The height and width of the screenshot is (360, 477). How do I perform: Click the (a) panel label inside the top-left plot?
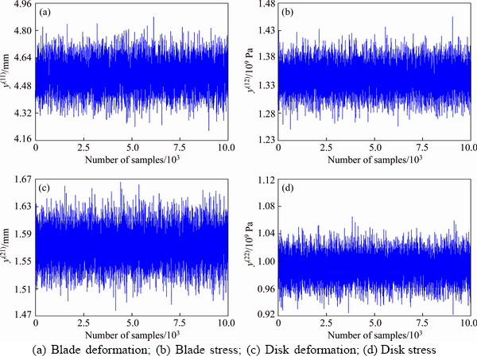tap(47, 13)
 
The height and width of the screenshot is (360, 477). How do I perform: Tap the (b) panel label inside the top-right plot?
tap(290, 13)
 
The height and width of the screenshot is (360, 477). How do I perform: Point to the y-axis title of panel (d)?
tap(250, 248)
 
